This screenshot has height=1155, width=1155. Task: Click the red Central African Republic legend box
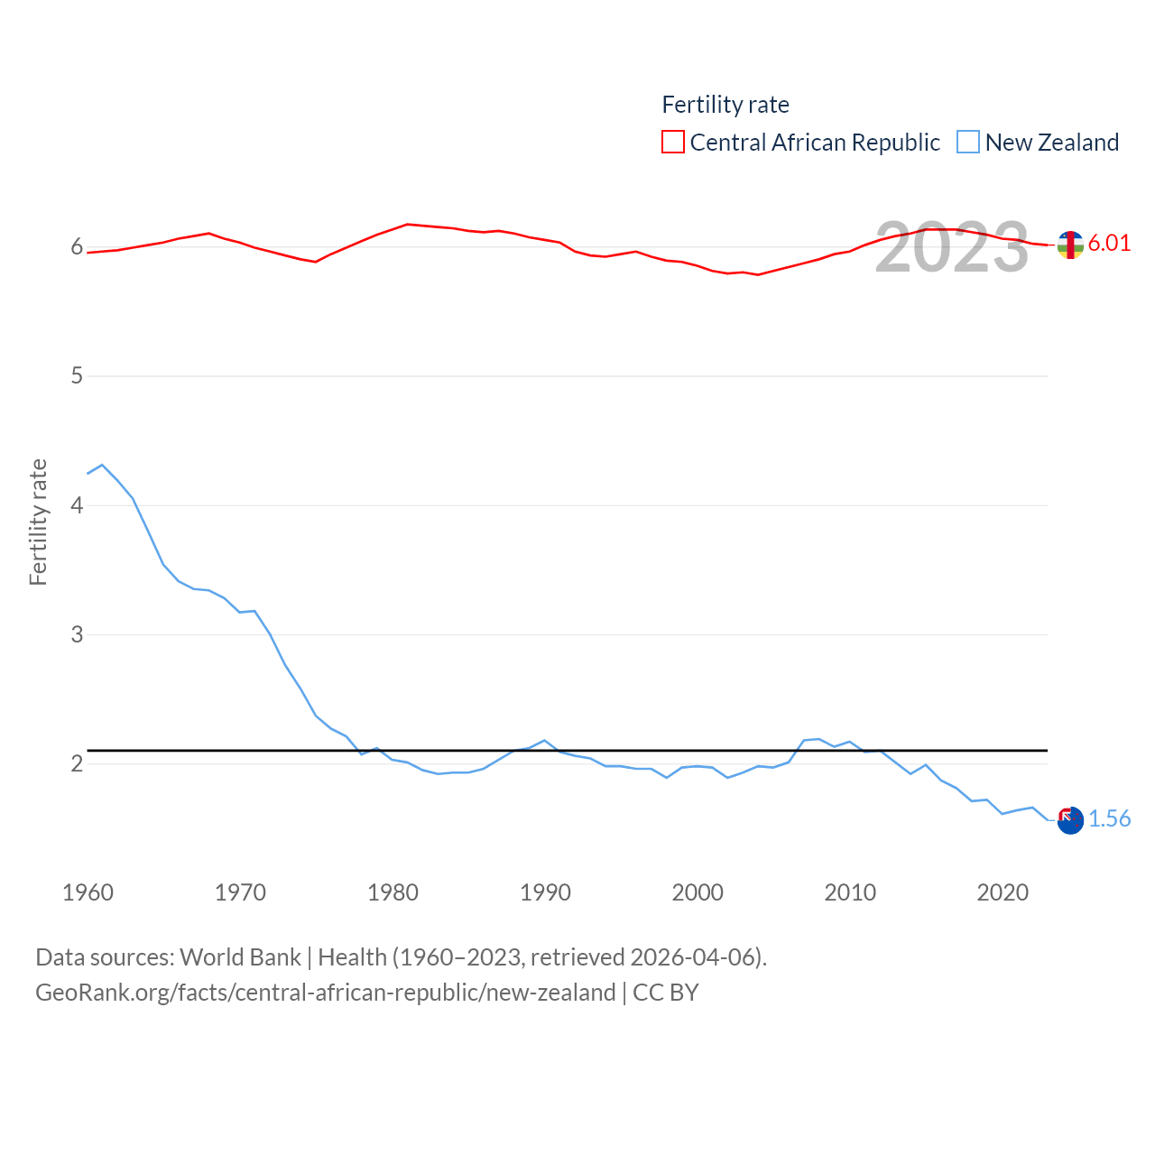click(673, 143)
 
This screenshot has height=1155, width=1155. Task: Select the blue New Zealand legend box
click(968, 143)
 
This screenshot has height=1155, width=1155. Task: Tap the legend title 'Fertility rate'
click(725, 105)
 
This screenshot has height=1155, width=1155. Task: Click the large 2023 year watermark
click(951, 247)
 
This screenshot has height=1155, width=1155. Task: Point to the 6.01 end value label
click(1109, 243)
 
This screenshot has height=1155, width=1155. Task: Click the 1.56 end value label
click(1109, 818)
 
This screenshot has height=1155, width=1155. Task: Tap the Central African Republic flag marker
click(1070, 245)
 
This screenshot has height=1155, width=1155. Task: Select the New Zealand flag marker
click(1070, 820)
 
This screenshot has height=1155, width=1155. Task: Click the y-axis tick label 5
click(77, 375)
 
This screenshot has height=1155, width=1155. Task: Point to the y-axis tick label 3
click(77, 634)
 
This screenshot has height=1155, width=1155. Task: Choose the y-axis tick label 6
click(77, 246)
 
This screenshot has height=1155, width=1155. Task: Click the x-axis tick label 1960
click(88, 892)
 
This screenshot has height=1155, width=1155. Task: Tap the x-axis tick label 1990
click(545, 892)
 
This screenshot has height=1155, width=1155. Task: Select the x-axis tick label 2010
click(850, 892)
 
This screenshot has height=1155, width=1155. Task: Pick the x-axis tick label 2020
click(1003, 892)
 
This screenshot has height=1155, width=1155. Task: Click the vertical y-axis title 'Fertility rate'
click(38, 522)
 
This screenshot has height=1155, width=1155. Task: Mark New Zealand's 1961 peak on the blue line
click(102, 465)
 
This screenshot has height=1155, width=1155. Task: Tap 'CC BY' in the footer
click(666, 993)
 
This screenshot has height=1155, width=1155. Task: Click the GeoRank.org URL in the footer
click(325, 993)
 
